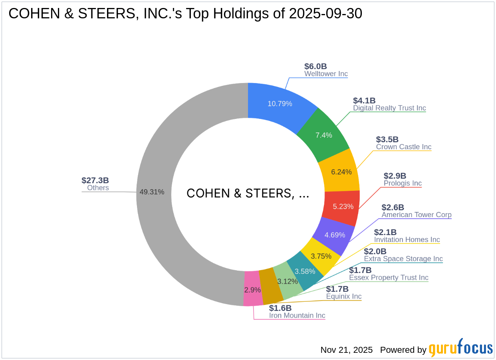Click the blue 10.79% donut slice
(x=280, y=104)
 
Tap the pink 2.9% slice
(x=252, y=289)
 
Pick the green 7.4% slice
(x=323, y=135)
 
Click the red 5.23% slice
(x=343, y=206)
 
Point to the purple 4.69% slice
(x=334, y=235)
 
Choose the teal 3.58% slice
(x=305, y=271)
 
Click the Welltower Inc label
(x=326, y=74)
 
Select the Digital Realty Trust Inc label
(x=389, y=108)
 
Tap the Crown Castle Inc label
(x=404, y=147)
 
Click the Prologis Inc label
(x=403, y=183)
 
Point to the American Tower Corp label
(x=417, y=215)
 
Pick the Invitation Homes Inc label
(x=407, y=240)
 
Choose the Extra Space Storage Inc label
(x=403, y=259)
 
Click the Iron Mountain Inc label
(x=297, y=316)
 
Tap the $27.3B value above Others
(x=95, y=180)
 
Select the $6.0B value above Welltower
(x=315, y=66)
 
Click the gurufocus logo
(x=461, y=348)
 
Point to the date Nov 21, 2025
(x=346, y=350)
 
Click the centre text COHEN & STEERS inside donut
(x=248, y=193)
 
